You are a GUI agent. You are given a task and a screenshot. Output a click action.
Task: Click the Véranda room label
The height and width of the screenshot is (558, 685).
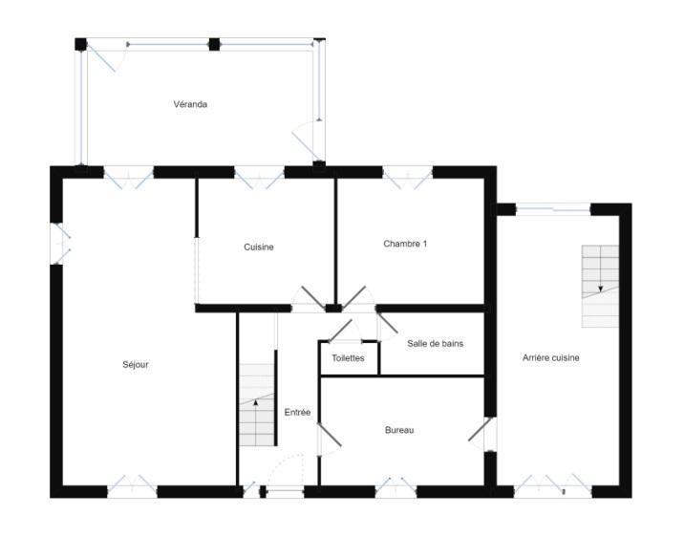coord(190,104)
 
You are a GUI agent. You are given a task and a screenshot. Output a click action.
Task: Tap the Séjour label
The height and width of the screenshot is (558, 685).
coord(136,364)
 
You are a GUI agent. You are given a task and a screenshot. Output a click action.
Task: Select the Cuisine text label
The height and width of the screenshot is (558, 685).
coord(259,247)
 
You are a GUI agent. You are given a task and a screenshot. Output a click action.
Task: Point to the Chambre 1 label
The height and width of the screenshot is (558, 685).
coord(405,244)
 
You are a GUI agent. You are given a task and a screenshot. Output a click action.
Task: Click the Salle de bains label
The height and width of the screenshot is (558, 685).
coord(435,343)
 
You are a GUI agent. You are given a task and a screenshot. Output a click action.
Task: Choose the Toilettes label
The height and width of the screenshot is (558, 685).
coord(348,358)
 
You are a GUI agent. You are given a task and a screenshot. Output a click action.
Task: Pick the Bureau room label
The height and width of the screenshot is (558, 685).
coord(399,431)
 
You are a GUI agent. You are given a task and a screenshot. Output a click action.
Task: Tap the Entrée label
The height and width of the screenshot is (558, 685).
coord(297,413)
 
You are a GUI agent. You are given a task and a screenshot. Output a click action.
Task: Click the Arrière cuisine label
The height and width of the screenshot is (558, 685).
coord(550,357)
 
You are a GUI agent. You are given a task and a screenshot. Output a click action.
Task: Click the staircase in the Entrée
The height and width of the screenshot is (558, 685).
coord(256,405)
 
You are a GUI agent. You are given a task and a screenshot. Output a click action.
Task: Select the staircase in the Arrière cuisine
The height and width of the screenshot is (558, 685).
coord(600,285)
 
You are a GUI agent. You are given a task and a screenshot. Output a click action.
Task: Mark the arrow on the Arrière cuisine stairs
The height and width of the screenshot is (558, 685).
coord(600,286)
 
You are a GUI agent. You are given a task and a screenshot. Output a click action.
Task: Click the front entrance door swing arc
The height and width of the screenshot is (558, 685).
coord(284,470)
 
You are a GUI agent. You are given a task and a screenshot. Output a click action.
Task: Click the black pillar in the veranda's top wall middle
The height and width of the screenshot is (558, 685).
coord(214,44)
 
